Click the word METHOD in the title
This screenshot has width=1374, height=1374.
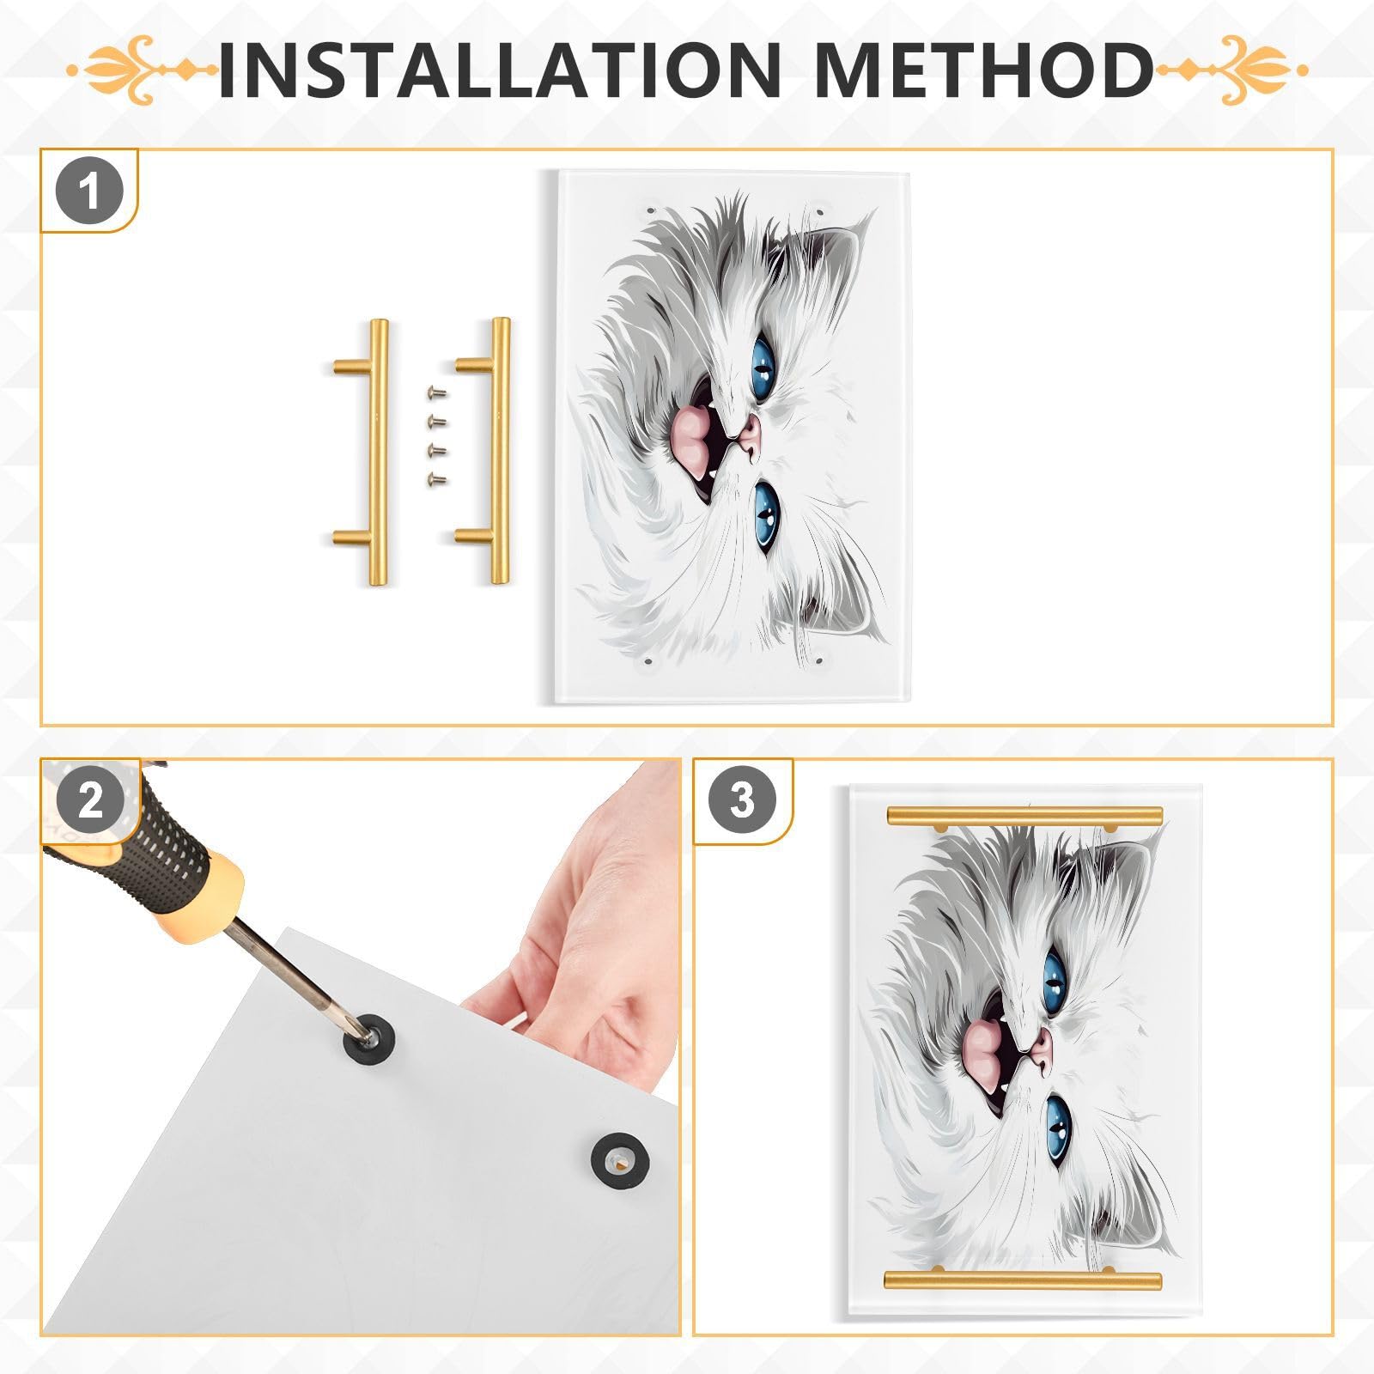(x=984, y=69)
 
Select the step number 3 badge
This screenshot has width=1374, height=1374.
(x=743, y=800)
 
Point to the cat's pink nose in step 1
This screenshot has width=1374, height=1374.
(x=749, y=438)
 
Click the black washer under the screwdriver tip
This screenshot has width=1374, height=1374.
(x=364, y=1037)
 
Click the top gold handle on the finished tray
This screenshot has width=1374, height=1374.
(x=1024, y=814)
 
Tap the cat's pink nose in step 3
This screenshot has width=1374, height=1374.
(x=1041, y=1052)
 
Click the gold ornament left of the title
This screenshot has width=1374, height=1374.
(x=142, y=69)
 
